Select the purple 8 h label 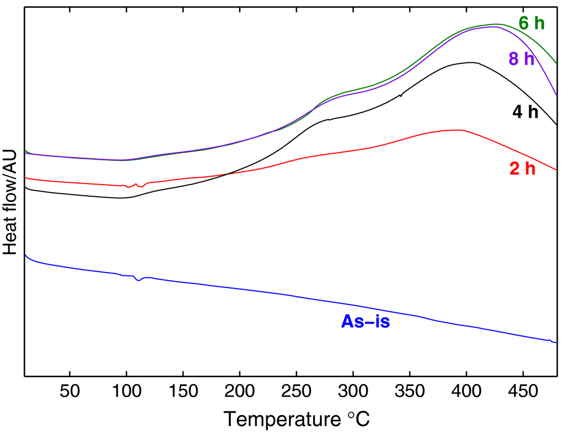click(x=521, y=59)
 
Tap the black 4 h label click(x=525, y=112)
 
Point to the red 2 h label click(x=522, y=169)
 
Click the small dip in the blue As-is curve click(x=138, y=280)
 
